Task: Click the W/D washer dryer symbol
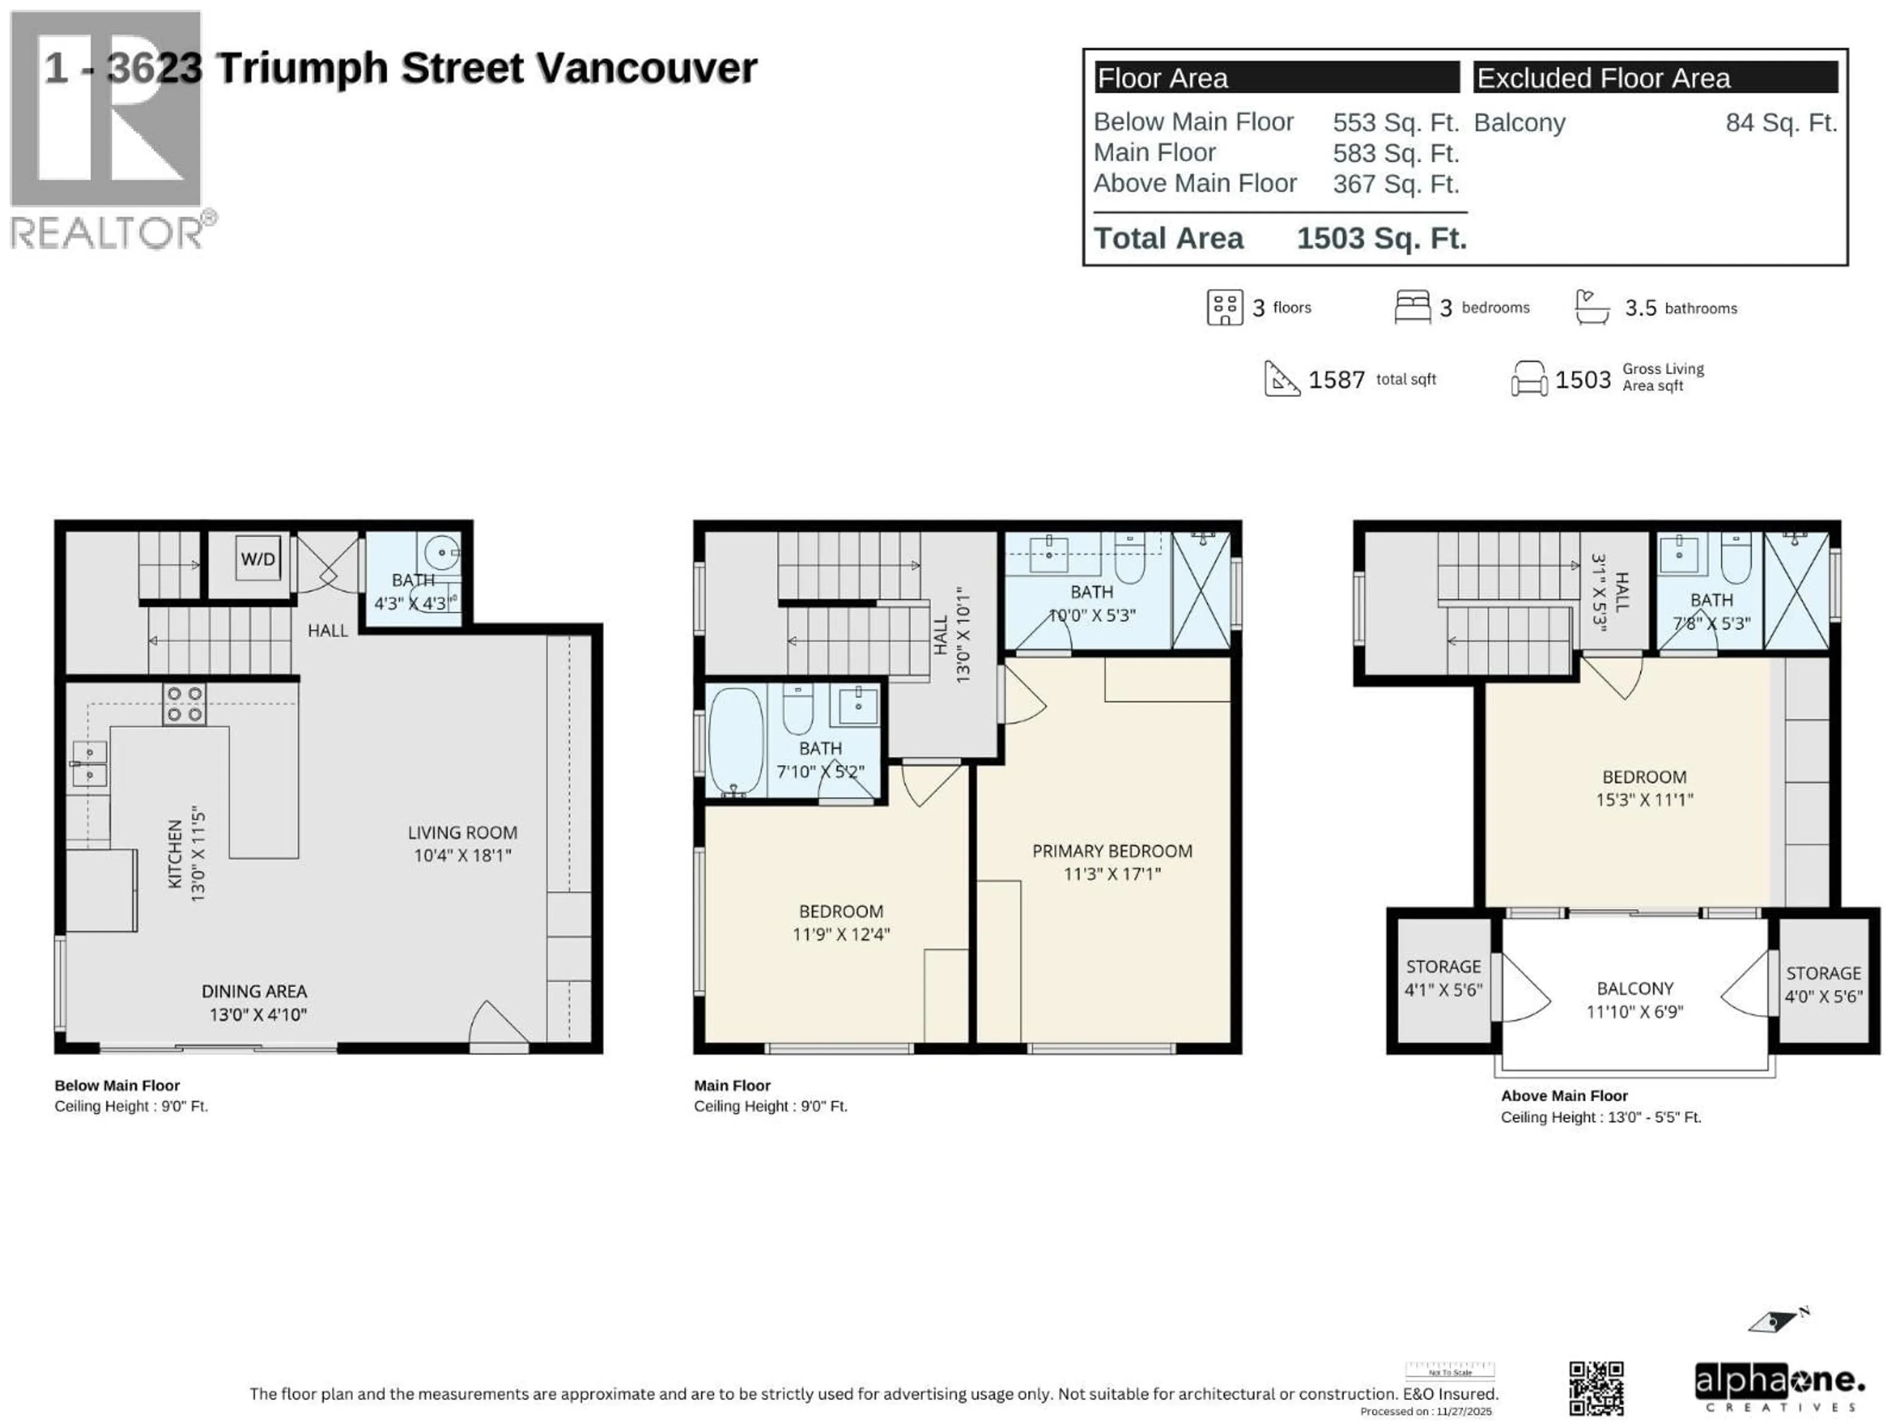(x=258, y=559)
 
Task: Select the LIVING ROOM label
(x=462, y=833)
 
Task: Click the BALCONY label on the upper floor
(x=1635, y=988)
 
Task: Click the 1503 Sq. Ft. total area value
(x=1381, y=238)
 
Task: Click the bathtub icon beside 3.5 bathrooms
(x=1592, y=307)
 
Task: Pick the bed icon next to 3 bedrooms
(x=1412, y=307)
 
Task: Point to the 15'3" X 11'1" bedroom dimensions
(x=1644, y=800)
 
